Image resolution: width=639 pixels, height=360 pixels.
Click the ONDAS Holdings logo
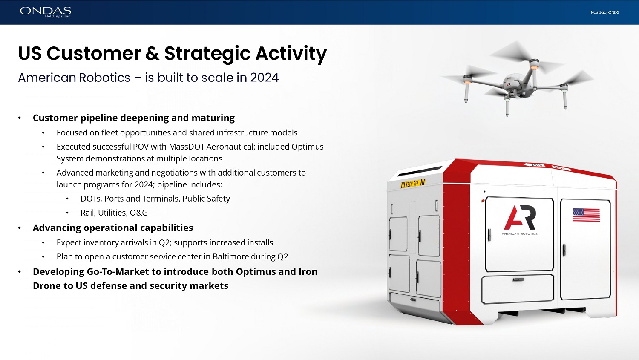(x=46, y=12)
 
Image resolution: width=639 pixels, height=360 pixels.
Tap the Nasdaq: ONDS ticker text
(x=605, y=12)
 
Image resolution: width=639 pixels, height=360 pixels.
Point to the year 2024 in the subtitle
(x=265, y=78)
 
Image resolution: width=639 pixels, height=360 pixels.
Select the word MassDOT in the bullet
(x=186, y=147)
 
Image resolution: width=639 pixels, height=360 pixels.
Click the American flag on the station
(x=586, y=215)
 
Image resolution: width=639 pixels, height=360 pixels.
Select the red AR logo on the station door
(x=520, y=217)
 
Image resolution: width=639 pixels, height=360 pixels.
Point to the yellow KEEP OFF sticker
(x=413, y=184)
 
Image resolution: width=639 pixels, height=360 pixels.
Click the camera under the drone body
(x=512, y=92)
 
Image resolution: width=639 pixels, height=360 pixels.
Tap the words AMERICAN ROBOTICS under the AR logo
(x=519, y=233)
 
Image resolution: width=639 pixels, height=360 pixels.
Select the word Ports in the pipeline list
(x=114, y=199)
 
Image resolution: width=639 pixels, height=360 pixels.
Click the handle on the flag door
(x=564, y=250)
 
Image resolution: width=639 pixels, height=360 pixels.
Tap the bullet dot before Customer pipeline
(x=20, y=118)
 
